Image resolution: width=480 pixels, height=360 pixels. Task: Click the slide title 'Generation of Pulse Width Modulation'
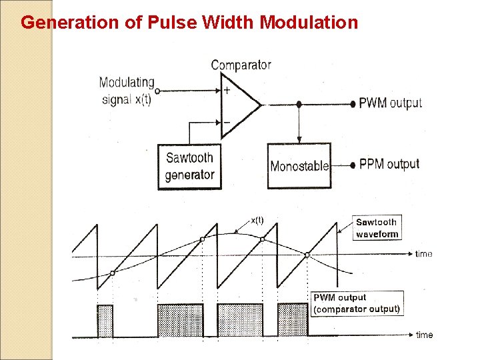pos(189,23)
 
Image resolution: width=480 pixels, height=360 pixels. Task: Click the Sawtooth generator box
pos(189,166)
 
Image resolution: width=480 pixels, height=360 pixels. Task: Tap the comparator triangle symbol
pos(239,105)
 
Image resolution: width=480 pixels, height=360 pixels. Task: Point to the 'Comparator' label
pos(241,65)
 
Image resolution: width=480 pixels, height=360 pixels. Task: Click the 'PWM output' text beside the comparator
pos(391,103)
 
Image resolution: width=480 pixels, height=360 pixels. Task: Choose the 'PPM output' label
pos(389,164)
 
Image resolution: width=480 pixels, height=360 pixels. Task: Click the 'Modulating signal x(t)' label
pos(127,91)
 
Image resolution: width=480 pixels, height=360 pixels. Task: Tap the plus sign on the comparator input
pos(227,91)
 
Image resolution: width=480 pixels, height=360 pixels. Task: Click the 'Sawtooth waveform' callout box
pos(377,228)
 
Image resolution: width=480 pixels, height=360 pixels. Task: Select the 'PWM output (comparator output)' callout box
pos(357,303)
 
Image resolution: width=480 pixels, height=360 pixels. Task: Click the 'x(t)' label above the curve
pos(257,220)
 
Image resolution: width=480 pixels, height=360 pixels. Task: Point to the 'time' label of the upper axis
pos(423,254)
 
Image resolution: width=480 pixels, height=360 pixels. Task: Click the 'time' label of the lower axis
pos(424,335)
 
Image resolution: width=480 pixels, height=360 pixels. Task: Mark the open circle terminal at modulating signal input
pos(157,91)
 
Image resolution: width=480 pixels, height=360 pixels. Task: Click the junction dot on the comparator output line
pos(299,104)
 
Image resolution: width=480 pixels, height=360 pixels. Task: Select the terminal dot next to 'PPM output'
pos(353,165)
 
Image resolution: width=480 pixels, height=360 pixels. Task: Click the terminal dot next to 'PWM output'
pos(353,104)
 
